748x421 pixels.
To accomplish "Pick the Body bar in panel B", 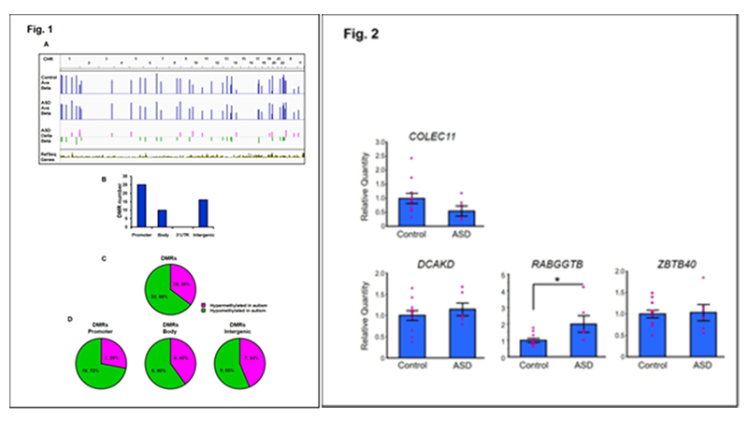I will (x=162, y=218).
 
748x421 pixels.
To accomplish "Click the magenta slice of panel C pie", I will (x=180, y=281).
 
